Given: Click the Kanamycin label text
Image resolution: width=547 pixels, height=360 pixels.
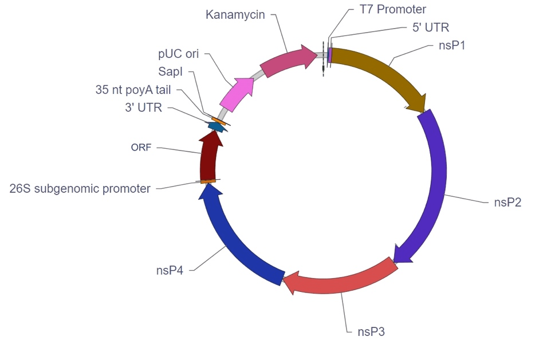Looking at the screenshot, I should pyautogui.click(x=235, y=15).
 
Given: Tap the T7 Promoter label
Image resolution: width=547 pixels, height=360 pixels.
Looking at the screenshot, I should pyautogui.click(x=392, y=9).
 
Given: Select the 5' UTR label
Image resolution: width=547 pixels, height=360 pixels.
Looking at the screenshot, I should pyautogui.click(x=431, y=27).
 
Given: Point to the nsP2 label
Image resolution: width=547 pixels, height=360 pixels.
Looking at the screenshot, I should pyautogui.click(x=507, y=202).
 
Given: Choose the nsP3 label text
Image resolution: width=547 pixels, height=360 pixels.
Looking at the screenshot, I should pyautogui.click(x=371, y=331).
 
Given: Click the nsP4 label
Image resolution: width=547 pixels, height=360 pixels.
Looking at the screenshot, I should pyautogui.click(x=170, y=270).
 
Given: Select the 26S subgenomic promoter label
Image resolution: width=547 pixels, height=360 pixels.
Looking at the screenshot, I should pyautogui.click(x=80, y=188).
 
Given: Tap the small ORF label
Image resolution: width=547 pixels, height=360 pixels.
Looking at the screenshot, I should pyautogui.click(x=141, y=148).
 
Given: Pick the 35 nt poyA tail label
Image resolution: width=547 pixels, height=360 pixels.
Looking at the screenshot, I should pyautogui.click(x=133, y=90).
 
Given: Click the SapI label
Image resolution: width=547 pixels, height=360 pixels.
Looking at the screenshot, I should pyautogui.click(x=171, y=72).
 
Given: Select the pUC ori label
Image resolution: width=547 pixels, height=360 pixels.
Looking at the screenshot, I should pyautogui.click(x=178, y=54).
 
